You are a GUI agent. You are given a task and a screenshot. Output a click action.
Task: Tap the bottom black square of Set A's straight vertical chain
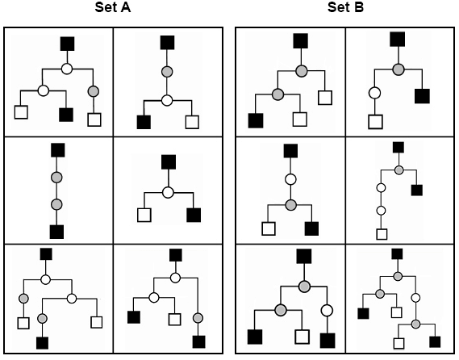57,232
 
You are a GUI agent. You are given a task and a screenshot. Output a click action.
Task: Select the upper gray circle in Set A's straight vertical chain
57,177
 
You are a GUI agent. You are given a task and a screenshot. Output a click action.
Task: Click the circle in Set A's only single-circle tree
168,192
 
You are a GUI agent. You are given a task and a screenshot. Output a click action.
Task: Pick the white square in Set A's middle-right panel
144,215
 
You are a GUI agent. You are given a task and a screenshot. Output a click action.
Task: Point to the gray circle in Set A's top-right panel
168,73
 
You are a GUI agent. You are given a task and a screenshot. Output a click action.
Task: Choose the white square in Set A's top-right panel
192,123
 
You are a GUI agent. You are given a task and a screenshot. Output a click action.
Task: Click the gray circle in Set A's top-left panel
94,90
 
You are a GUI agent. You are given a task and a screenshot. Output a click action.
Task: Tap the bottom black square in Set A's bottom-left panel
43,343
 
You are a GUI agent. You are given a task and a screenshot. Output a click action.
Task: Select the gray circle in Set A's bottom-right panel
198,317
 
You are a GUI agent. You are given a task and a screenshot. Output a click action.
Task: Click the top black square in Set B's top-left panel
301,41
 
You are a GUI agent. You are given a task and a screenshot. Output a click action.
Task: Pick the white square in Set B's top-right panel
374,122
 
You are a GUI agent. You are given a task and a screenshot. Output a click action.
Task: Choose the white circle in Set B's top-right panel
374,94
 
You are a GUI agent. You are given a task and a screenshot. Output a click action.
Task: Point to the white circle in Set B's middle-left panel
291,178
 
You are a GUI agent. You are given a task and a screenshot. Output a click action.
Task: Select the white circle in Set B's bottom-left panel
327,310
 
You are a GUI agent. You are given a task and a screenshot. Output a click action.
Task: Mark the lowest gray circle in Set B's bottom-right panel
415,324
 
